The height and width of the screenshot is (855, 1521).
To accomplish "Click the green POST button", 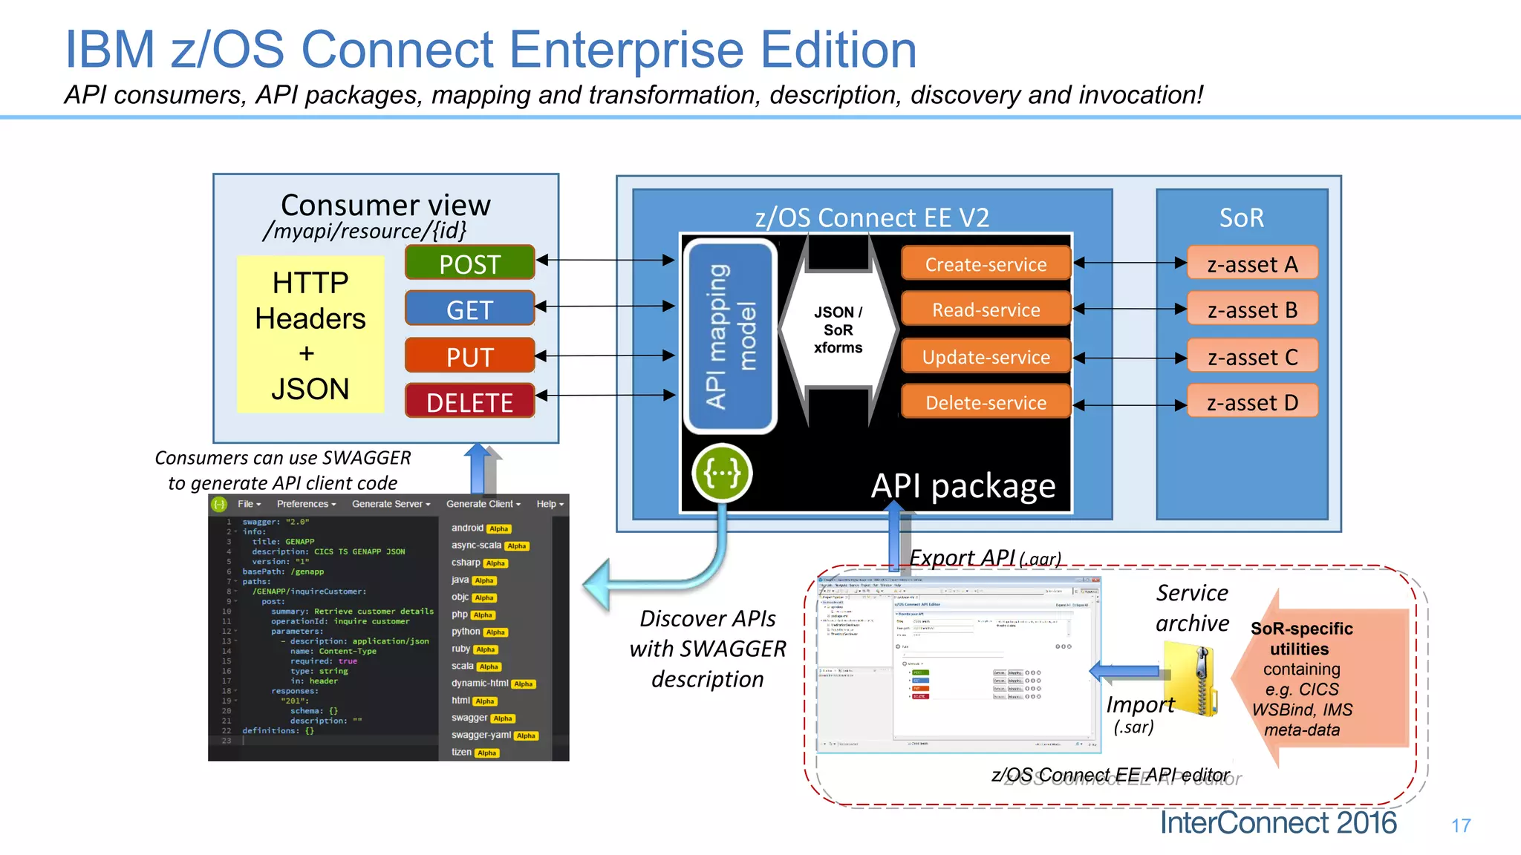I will [x=469, y=263].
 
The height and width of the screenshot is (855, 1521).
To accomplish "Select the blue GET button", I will [x=469, y=309].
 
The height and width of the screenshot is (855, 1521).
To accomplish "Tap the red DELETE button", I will [x=469, y=402].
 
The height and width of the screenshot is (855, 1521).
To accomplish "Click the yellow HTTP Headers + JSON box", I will [x=310, y=335].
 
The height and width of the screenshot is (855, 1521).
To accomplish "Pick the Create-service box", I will [x=986, y=263].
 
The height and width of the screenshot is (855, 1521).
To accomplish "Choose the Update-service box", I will [x=986, y=356].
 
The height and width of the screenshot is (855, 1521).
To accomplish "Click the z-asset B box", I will [x=1252, y=309].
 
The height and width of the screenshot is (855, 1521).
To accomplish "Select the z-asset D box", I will [x=1252, y=402].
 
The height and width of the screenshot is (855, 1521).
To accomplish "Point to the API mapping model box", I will [x=730, y=336].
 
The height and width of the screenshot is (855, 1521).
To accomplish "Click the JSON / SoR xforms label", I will [x=838, y=330].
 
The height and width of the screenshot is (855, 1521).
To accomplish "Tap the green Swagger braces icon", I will [x=722, y=473].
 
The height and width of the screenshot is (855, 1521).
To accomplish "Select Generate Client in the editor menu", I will [x=483, y=504].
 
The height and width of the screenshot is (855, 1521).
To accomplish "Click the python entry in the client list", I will [x=466, y=632].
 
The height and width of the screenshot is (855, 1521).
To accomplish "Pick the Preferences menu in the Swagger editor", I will [x=306, y=504].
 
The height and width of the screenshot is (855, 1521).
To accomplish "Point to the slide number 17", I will [x=1461, y=825].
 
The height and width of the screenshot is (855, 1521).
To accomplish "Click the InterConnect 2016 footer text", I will [x=1277, y=822].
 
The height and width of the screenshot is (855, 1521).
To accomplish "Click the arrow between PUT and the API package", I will [x=605, y=356].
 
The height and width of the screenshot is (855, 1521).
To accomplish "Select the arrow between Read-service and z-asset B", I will [x=1129, y=309].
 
